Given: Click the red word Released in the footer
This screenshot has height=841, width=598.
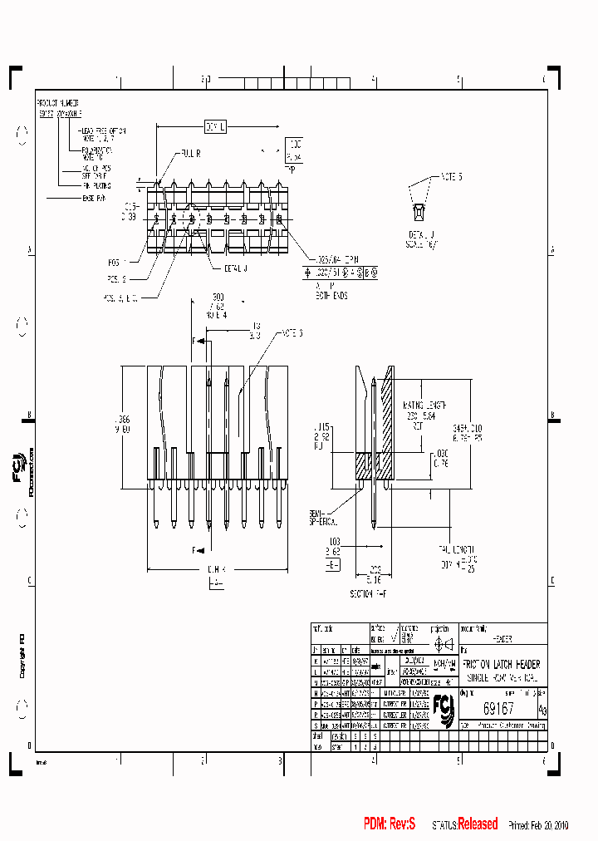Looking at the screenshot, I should tap(479, 824).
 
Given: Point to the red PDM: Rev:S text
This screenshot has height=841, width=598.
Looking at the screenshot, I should tap(390, 824).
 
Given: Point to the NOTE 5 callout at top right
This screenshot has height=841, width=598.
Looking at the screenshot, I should tap(448, 177).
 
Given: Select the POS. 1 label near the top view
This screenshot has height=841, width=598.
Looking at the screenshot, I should tap(116, 258).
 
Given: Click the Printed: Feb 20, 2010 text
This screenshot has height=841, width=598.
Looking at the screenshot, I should tap(539, 825).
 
